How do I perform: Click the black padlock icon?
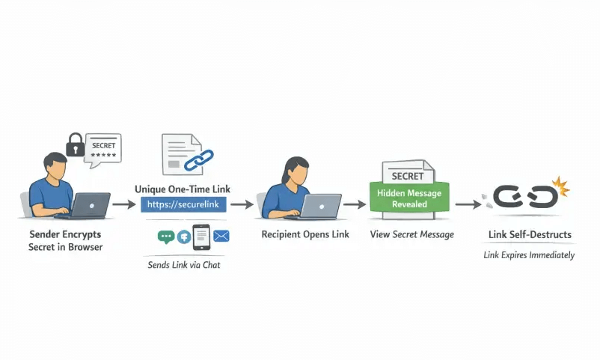75,145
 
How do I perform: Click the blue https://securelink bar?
183,204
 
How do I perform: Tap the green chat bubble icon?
166,237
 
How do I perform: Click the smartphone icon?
201,237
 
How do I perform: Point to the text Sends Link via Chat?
184,265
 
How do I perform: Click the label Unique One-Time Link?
183,189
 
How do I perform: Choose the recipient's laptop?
321,204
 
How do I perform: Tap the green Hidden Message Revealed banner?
408,198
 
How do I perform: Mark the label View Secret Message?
411,234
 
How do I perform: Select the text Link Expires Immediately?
528,255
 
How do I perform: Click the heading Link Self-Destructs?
530,235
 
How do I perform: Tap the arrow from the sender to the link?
123,203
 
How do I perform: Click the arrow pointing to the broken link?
468,203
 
